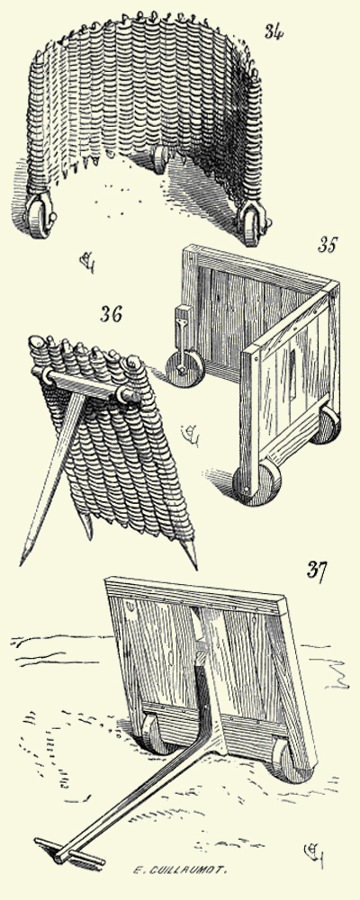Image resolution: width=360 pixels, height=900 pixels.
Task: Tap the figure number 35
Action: [x=326, y=246]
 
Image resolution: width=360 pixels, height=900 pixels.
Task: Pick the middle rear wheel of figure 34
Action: [x=161, y=160]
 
